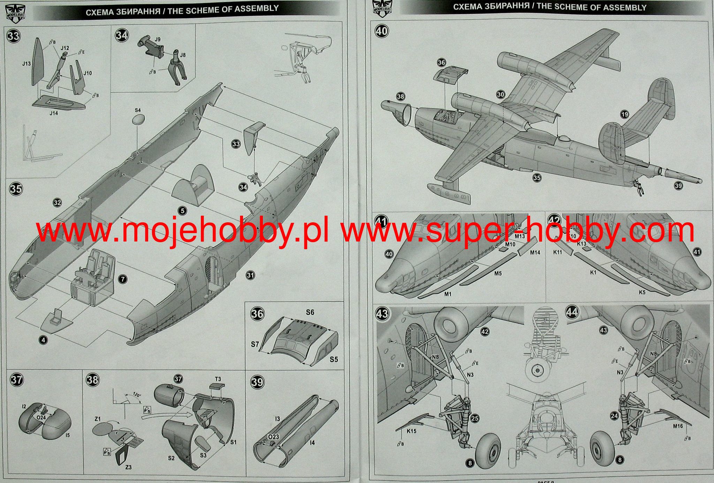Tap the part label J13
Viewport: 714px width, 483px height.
coord(26,64)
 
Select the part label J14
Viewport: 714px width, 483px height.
coord(54,113)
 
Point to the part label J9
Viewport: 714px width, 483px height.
coord(157,39)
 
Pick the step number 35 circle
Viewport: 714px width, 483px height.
coord(16,189)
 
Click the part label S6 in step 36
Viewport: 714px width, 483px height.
coord(310,312)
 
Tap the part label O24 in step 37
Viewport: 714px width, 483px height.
coord(41,417)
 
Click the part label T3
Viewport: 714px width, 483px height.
coord(218,379)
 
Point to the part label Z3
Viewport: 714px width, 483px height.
coord(129,467)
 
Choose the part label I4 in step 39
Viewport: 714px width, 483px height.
coord(312,443)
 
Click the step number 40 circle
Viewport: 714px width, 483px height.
coord(381,31)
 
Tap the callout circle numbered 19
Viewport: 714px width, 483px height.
coord(624,114)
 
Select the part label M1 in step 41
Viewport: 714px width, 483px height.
coord(448,294)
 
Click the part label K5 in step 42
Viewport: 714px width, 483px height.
coord(642,292)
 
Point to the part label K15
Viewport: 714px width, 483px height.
coord(411,431)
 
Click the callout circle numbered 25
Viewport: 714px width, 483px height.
coord(475,418)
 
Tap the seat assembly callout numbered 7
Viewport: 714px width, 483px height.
coord(123,279)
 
